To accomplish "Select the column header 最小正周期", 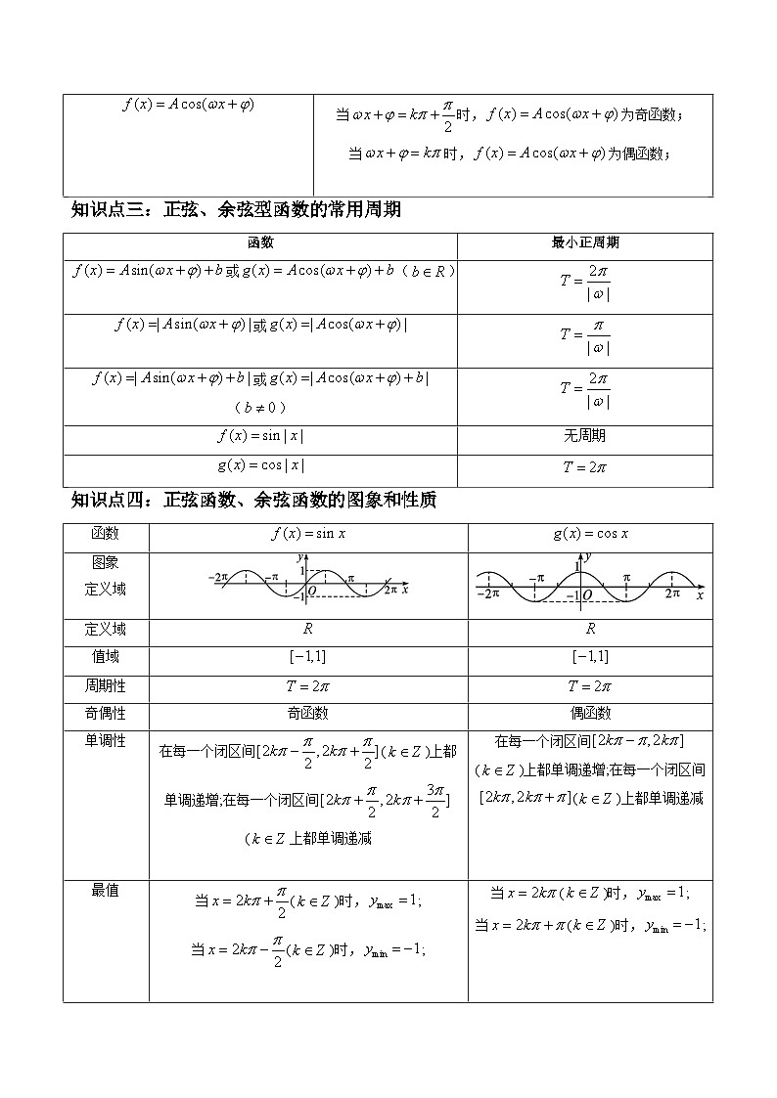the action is pyautogui.click(x=584, y=242).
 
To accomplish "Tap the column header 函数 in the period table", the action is pyautogui.click(x=260, y=242).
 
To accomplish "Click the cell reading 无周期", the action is pyautogui.click(x=584, y=436).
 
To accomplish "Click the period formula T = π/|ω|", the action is pyautogui.click(x=585, y=335).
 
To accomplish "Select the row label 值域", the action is pyautogui.click(x=106, y=656).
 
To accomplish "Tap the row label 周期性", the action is pyautogui.click(x=106, y=685).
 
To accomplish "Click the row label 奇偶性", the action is pyautogui.click(x=106, y=714).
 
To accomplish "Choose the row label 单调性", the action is pyautogui.click(x=106, y=741).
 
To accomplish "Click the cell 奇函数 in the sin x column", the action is pyautogui.click(x=307, y=714).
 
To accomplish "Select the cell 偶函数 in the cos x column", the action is pyautogui.click(x=590, y=714).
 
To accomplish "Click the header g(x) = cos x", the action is pyautogui.click(x=590, y=534).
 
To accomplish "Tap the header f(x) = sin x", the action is pyautogui.click(x=308, y=534).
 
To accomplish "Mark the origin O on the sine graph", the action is pyautogui.click(x=311, y=592).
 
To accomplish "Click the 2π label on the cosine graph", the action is pyautogui.click(x=672, y=593).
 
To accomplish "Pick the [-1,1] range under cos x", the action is pyautogui.click(x=590, y=656).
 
